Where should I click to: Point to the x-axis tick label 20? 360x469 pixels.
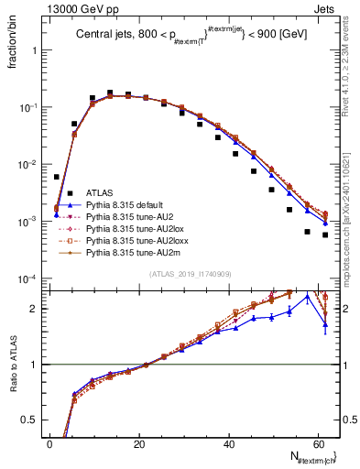[x=139, y=444]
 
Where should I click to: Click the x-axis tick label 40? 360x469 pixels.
[x=229, y=444]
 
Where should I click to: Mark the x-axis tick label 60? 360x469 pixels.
[x=318, y=444]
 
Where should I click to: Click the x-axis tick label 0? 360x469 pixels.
[x=50, y=444]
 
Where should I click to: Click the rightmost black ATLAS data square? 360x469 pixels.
[x=325, y=235]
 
